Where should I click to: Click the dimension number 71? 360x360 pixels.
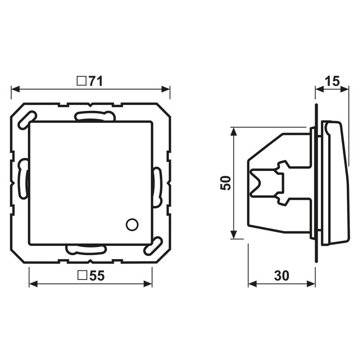[x=95, y=81]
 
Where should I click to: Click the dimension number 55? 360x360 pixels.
[x=97, y=275]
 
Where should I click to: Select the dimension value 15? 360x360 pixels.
[x=332, y=81]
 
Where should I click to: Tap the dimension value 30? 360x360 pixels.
[x=282, y=275]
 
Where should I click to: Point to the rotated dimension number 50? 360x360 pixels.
[x=225, y=183]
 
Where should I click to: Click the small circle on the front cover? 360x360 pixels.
[x=132, y=225]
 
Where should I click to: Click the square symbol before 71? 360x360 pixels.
[x=81, y=81]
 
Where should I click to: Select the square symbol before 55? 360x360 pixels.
[x=82, y=275]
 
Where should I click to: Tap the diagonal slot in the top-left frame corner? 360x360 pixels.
[x=27, y=120]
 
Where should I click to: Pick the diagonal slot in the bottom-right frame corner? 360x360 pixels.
[x=153, y=246]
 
